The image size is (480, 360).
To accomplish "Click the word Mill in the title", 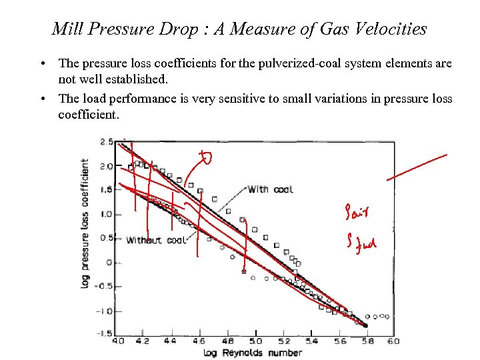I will pos(67,29).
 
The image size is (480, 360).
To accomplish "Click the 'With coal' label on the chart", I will pos(270,189).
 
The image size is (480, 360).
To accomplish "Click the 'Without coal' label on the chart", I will pos(155,240).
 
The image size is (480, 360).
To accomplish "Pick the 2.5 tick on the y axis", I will pos(106,142).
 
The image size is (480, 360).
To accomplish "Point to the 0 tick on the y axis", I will pos(109,263).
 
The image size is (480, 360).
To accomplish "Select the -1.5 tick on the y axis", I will pos(104,334).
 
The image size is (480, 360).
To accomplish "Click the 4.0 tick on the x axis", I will pos(117,341).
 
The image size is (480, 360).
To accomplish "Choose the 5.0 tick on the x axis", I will pos(255,341).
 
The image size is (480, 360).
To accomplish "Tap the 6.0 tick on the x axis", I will pos(393,341).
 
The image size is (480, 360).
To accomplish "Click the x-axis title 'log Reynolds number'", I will pos(253,353).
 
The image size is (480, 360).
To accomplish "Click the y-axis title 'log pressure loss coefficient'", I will pos(85,223).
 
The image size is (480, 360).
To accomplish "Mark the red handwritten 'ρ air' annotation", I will pos(359,213).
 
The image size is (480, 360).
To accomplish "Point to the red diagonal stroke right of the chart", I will pos(416,167).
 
